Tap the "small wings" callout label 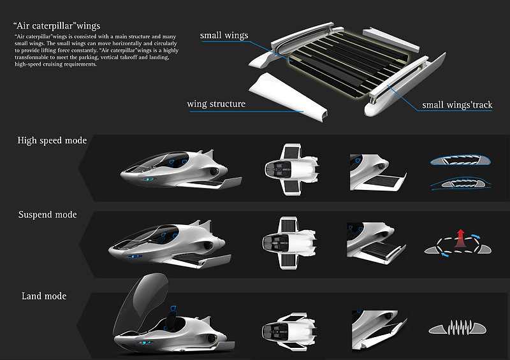tap(224, 36)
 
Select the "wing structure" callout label tap(216, 104)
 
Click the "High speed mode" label tap(52, 140)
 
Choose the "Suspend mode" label tap(48, 215)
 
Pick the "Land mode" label tap(44, 296)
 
